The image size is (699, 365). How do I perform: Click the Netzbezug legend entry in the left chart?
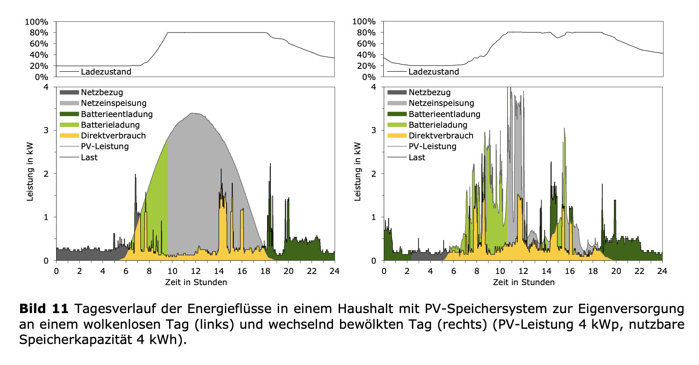click(102, 92)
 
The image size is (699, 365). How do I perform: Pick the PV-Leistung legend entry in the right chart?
click(432, 146)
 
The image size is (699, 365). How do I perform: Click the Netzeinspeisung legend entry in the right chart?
click(441, 103)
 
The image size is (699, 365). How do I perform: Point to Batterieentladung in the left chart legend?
click(116, 114)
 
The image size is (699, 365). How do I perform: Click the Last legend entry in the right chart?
click(417, 157)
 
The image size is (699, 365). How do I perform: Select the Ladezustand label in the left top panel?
click(106, 72)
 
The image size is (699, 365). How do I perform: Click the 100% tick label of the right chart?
click(364, 21)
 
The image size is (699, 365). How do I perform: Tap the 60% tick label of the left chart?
click(39, 44)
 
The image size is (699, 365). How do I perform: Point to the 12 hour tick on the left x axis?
click(196, 271)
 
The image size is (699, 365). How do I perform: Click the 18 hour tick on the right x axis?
click(593, 271)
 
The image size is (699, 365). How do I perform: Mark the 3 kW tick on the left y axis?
click(46, 130)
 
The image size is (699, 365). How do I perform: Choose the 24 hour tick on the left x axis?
click(334, 271)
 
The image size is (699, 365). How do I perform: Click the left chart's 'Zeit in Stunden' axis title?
click(196, 282)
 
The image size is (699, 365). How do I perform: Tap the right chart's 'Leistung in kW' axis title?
click(357, 172)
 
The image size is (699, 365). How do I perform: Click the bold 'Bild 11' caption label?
click(44, 309)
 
